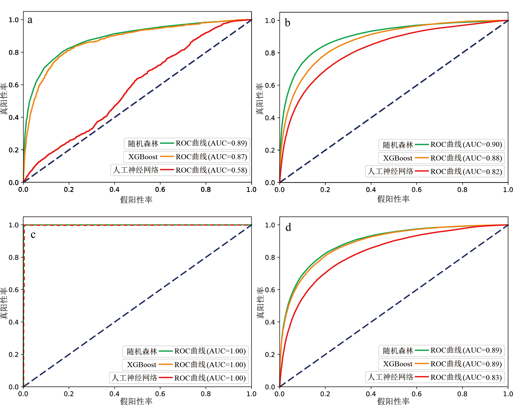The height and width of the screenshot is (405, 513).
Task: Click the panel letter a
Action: (30, 20)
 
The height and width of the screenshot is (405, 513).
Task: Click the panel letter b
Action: (287, 23)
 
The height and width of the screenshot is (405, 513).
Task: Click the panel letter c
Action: (33, 234)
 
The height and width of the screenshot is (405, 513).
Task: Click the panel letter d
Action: (288, 227)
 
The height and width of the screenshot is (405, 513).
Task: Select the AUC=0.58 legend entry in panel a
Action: (211, 170)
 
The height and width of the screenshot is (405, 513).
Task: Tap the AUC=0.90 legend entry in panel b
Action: (466, 144)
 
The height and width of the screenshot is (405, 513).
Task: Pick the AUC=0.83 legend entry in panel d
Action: (466, 377)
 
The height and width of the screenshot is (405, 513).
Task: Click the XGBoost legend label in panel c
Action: (142, 365)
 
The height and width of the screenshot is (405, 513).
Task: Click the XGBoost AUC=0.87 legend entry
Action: (211, 157)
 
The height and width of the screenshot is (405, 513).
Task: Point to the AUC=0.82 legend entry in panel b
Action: (466, 172)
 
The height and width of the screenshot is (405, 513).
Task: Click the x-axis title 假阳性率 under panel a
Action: (136, 200)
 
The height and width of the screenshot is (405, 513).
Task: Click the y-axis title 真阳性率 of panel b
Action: (260, 99)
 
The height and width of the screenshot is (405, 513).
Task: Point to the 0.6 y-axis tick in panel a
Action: (14, 85)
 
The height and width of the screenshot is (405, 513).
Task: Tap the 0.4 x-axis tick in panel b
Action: (371, 190)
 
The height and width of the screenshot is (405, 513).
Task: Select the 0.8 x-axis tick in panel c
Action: (206, 394)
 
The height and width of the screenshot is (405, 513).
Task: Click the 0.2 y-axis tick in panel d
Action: (270, 355)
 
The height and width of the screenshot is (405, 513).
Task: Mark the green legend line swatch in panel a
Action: (167, 143)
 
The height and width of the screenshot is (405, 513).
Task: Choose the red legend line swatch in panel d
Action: (422, 377)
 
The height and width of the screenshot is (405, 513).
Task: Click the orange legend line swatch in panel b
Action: (422, 158)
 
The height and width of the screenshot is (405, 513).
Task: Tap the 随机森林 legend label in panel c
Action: (142, 351)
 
